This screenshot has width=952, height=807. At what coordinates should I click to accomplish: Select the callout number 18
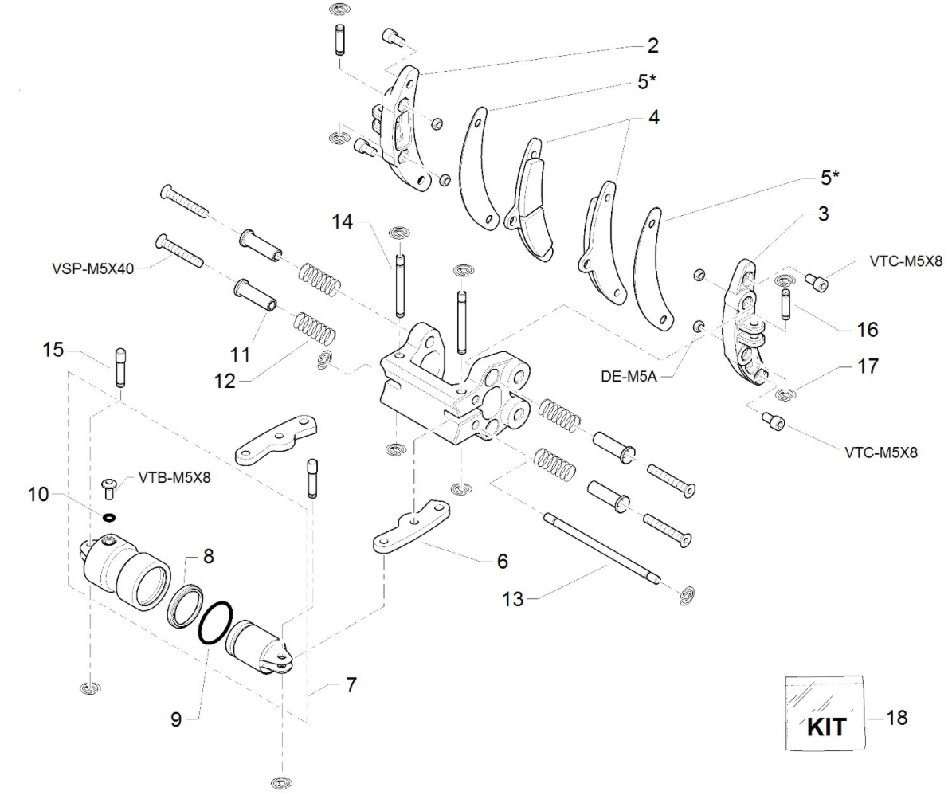point(896,718)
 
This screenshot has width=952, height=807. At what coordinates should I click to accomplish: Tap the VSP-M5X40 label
point(87,267)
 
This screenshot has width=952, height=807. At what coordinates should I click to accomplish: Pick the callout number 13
point(514,599)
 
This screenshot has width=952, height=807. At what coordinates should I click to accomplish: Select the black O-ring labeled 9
point(216,622)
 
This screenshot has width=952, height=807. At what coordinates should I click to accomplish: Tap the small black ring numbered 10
point(108,516)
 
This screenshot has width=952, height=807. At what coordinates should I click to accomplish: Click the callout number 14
point(342,222)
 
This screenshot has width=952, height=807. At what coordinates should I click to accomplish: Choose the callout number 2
point(653,45)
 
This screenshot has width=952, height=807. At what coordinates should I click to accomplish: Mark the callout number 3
point(823,214)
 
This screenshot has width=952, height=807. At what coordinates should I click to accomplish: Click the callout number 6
point(502,561)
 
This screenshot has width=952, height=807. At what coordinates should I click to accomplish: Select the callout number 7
point(351,684)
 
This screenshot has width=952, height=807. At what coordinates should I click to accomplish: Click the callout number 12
point(225,381)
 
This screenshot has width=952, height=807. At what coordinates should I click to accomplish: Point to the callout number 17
point(868,366)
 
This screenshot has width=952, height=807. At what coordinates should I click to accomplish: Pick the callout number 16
point(868,328)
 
